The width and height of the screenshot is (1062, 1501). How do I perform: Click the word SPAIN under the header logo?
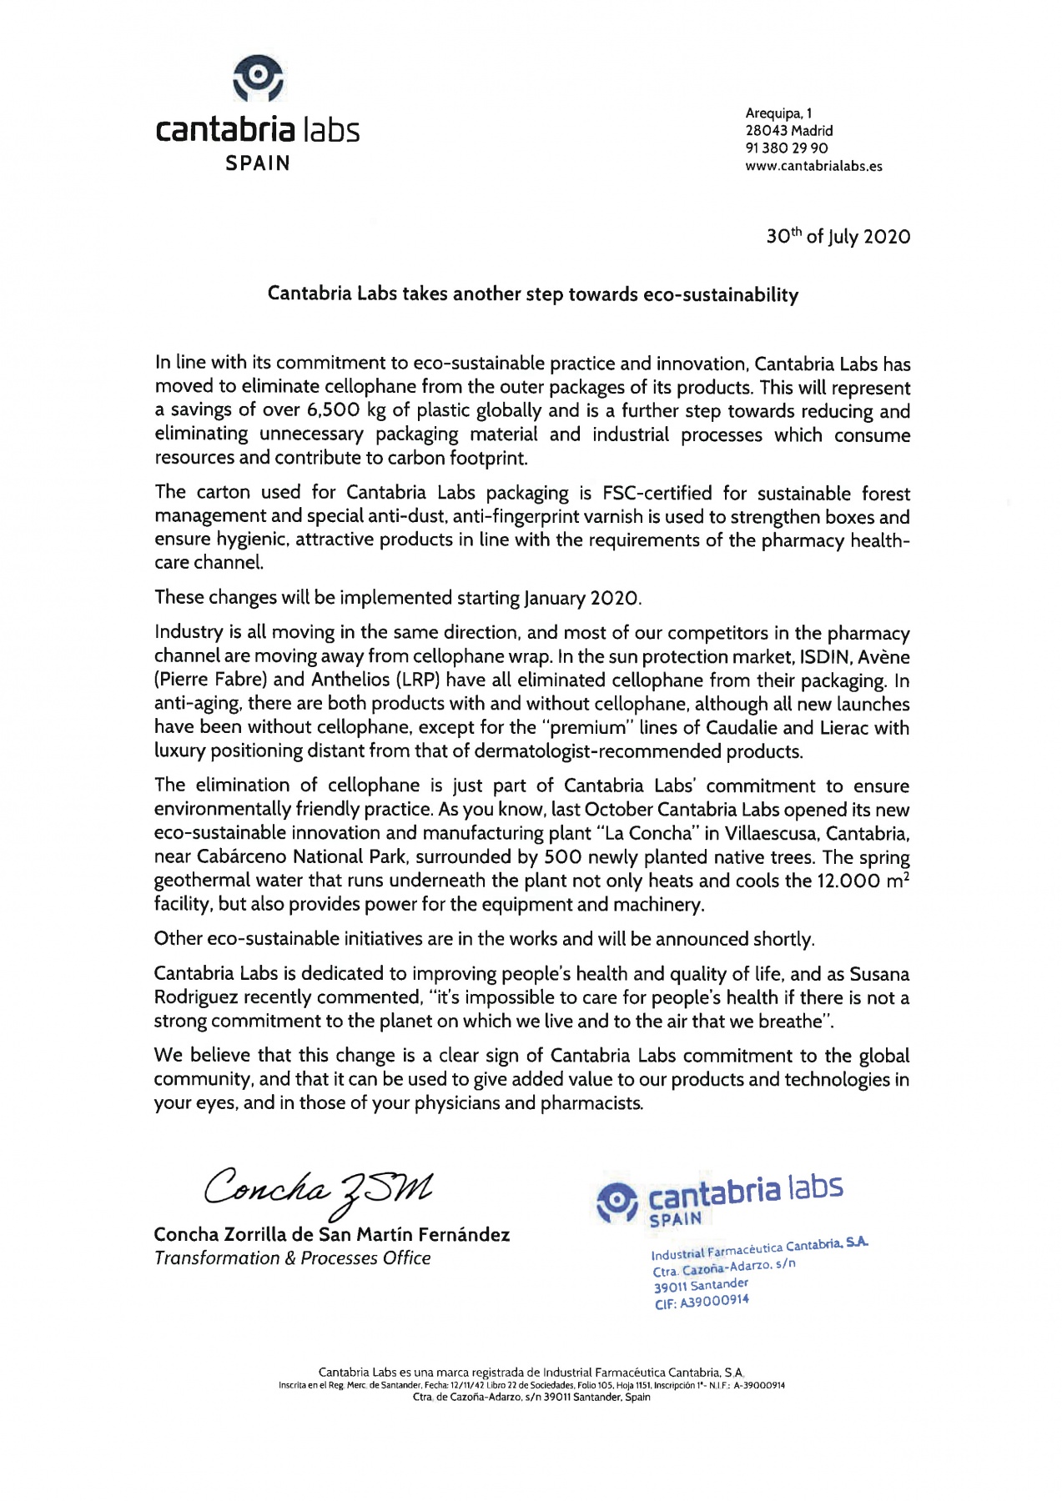point(258,163)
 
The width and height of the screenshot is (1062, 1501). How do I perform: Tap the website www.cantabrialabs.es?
point(813,166)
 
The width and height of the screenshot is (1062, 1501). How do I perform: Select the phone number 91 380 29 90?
point(786,148)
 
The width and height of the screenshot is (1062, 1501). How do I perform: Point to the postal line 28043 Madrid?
point(788,131)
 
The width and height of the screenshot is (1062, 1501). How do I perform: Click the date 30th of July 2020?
point(838,237)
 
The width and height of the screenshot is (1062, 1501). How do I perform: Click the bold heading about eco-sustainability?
point(532,294)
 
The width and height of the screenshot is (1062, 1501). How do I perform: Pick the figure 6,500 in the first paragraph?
point(334,410)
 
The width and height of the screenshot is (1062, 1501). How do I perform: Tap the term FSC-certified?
point(657,494)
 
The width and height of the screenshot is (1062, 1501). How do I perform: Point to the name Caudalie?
point(745,728)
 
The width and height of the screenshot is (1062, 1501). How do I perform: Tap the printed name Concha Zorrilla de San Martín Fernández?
point(331,1235)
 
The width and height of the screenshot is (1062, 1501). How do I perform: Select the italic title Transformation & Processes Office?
point(292,1258)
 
